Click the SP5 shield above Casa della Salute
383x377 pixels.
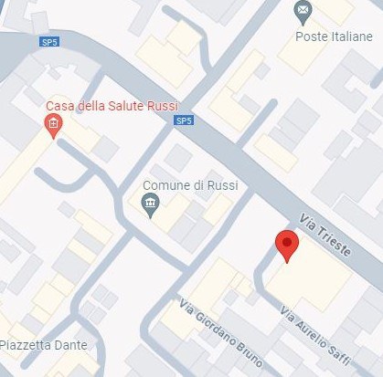[48, 41]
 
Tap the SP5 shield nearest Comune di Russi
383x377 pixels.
[183, 120]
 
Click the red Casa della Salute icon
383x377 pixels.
[54, 126]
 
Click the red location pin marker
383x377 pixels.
[287, 246]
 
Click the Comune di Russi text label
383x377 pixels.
[191, 185]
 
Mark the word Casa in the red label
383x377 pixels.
[61, 105]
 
